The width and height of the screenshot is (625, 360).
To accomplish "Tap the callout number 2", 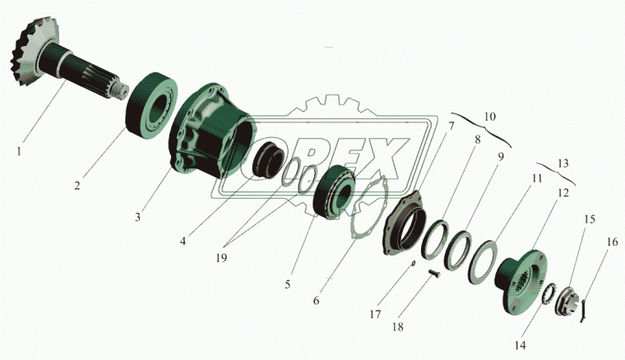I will coord(76,186).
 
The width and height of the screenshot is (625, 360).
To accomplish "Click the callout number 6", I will coord(317,301).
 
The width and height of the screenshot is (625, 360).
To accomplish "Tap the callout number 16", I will coord(612,242).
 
